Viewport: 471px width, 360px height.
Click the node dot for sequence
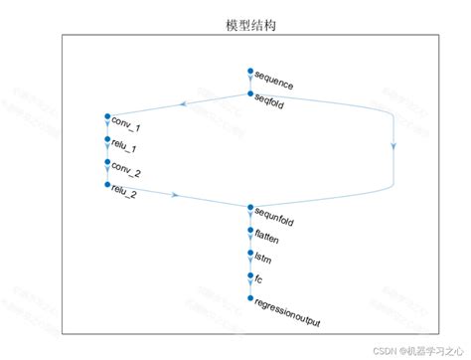pos(250,71)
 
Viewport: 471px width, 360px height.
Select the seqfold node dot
pos(250,93)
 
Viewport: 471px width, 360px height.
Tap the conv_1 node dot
pos(106,117)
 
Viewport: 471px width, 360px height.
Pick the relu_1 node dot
pos(106,139)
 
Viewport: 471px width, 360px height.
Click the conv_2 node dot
pos(106,162)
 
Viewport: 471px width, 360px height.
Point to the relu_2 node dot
pos(106,184)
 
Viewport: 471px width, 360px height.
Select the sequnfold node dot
pos(250,207)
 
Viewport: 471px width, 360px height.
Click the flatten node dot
pos(250,230)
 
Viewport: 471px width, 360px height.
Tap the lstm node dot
pos(250,253)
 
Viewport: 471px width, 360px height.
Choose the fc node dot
pos(250,274)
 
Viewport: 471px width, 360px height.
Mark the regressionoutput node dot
pos(250,297)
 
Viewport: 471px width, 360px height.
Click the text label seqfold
pos(270,99)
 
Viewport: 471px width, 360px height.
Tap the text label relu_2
pos(125,190)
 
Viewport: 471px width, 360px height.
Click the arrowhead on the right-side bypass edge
pos(394,145)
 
